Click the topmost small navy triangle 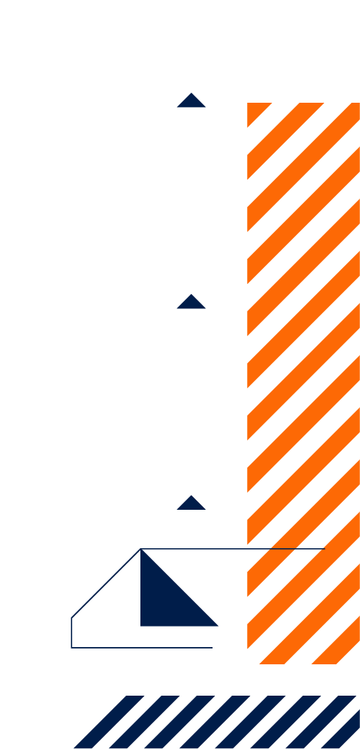click(191, 101)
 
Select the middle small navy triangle click(191, 303)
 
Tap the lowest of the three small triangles click(191, 504)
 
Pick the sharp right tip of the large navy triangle click(217, 626)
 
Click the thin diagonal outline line click(106, 584)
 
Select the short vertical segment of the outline click(71, 633)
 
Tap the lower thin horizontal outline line click(141, 648)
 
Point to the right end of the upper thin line click(323, 549)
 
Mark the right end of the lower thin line click(212, 648)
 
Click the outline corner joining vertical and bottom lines click(71, 648)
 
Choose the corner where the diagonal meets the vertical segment click(71, 618)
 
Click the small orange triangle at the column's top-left click(255, 111)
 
